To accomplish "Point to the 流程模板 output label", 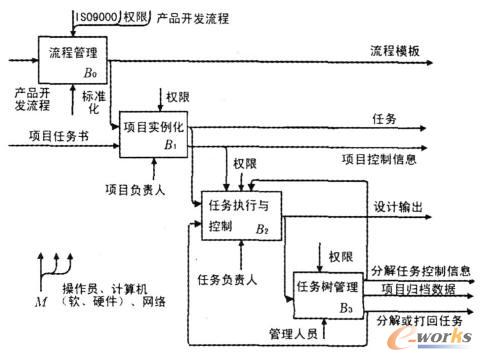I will pos(394,49).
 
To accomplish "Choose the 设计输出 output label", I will pos(398,206).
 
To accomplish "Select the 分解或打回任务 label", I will pos(419,320).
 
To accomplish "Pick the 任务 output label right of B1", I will pos(383,118).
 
